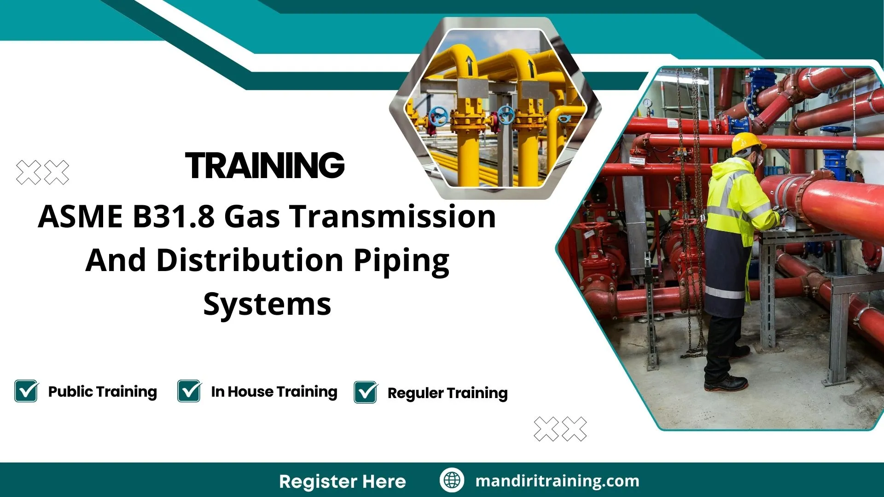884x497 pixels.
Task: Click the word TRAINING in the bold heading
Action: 265,166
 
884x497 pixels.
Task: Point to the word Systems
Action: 267,305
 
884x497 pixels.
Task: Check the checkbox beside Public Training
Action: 26,391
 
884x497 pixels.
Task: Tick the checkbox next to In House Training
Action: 189,391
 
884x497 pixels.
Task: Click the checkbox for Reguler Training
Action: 366,393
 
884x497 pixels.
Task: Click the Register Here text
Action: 343,481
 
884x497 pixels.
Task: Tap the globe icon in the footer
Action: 452,480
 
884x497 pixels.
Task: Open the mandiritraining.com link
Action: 557,481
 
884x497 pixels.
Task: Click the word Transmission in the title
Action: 392,216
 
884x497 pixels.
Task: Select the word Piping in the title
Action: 401,260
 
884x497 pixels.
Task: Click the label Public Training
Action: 102,392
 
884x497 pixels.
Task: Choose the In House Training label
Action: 274,392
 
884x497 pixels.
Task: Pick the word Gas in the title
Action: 252,216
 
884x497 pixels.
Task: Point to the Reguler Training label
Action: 447,393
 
